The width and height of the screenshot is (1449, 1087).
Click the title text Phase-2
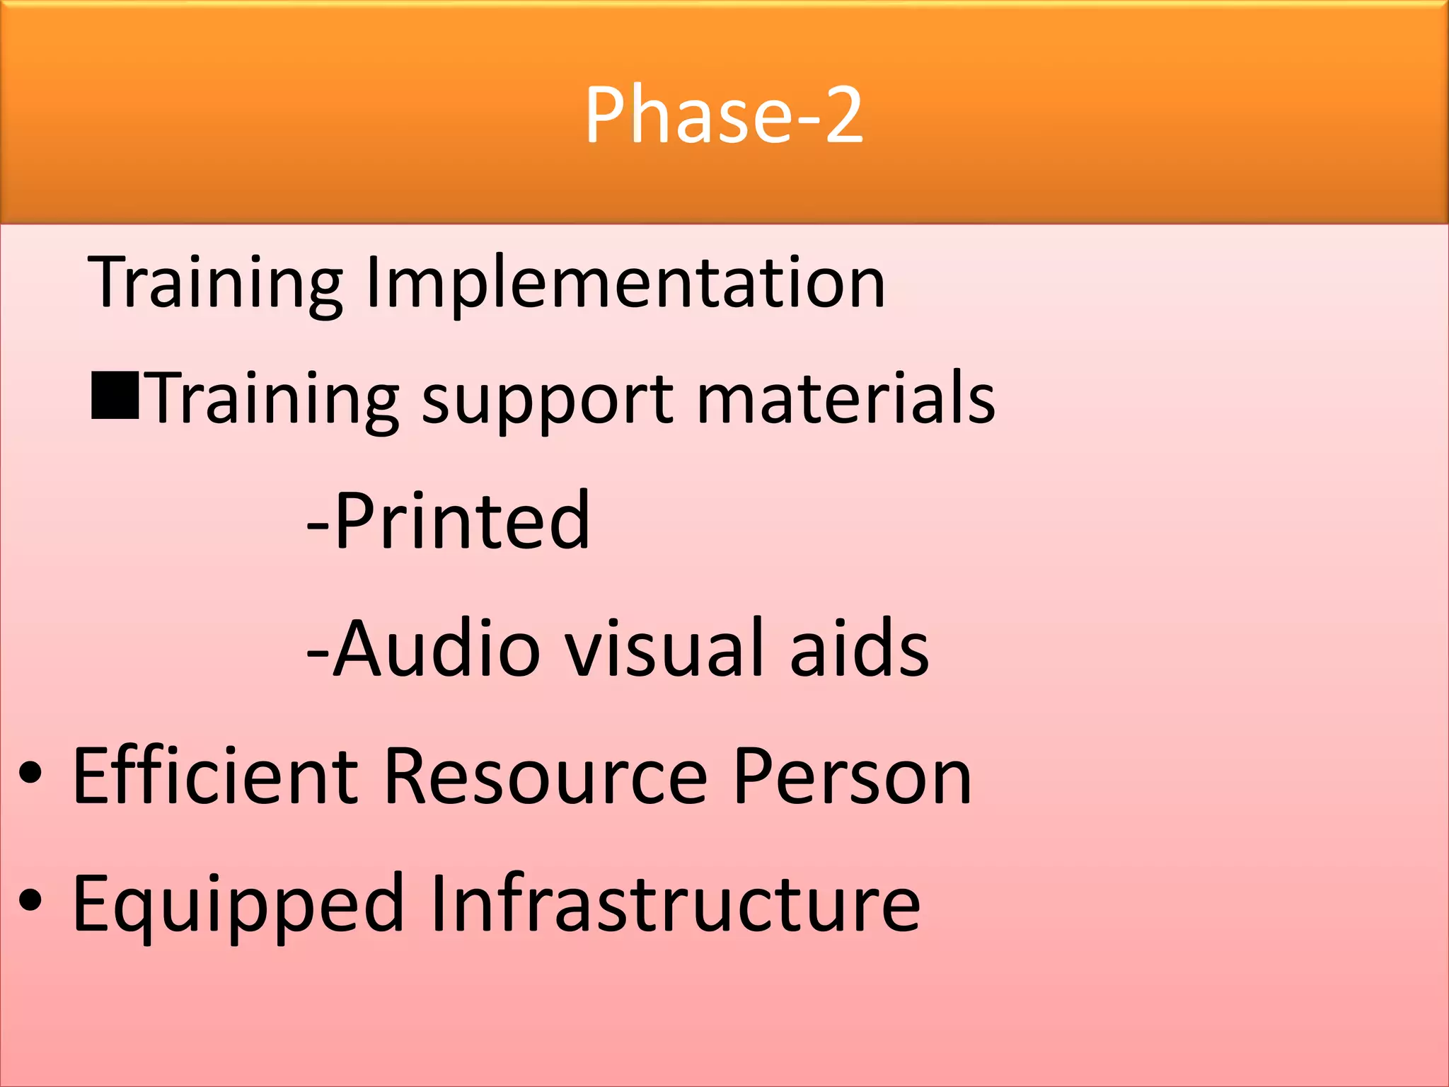724,115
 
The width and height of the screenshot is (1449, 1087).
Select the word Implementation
625,282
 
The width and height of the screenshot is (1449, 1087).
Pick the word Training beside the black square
275,399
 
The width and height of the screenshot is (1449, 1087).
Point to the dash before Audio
318,655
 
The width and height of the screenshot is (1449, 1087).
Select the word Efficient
216,776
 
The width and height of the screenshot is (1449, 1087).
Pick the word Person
852,776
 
